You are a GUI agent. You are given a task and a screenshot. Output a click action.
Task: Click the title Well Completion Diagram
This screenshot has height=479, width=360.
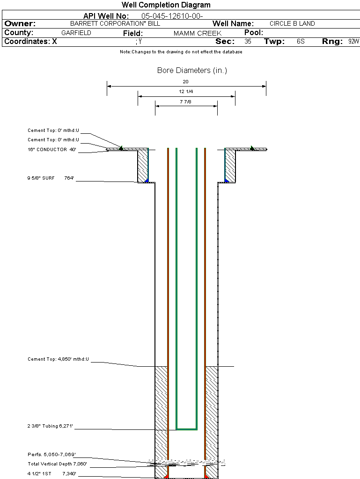coord(166,5)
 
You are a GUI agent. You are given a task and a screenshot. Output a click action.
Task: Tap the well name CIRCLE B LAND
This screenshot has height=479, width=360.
coord(292,23)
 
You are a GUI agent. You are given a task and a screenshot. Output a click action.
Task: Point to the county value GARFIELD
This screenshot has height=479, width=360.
coord(76,33)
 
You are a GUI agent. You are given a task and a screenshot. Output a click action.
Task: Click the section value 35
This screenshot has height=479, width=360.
coord(248,41)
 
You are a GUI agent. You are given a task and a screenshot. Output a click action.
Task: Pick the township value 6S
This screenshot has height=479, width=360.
coord(301,41)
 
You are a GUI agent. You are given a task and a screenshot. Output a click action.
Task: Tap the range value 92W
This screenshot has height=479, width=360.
coord(353,41)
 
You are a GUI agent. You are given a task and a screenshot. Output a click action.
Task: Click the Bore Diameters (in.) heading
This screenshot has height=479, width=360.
coord(192,71)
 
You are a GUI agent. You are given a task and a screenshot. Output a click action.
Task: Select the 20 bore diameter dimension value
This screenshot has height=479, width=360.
coord(186,81)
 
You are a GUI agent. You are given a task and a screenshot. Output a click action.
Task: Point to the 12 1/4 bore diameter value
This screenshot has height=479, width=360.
coord(186,91)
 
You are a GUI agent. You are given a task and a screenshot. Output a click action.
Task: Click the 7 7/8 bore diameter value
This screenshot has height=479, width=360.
coord(186,101)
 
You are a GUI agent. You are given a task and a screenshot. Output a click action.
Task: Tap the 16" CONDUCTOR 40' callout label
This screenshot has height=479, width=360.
coord(51,150)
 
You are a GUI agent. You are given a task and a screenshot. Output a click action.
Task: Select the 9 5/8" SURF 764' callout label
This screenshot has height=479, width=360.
coord(51,178)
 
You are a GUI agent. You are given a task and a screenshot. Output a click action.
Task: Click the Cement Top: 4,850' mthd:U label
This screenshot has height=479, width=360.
coord(58,359)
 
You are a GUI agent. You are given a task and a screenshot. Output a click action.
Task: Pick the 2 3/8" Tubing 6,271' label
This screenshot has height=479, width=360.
coord(51,426)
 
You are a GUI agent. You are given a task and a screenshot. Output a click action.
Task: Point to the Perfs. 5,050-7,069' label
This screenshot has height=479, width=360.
coord(51,454)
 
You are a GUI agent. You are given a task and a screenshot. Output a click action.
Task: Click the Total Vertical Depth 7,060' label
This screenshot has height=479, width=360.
coord(57,464)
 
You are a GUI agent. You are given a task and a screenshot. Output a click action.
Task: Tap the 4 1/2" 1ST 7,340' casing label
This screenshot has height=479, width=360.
coord(51,474)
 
